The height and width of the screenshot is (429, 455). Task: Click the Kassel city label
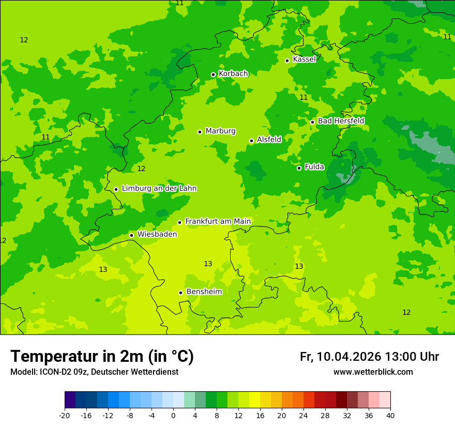[304, 59]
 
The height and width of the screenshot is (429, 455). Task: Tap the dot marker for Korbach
[213, 74]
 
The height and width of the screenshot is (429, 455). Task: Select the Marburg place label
[220, 131]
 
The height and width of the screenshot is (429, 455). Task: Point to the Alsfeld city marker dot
[251, 141]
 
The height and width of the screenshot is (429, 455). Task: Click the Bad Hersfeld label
[341, 121]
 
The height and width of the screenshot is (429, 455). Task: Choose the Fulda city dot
[299, 168]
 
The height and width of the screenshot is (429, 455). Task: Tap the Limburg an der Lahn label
[159, 189]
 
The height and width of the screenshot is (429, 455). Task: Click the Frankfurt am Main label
[218, 222]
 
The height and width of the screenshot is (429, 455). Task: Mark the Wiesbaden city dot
[131, 235]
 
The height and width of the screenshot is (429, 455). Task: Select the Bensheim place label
[204, 292]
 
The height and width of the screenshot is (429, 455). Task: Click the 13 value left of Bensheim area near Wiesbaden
[103, 269]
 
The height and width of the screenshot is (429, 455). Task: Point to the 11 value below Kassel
[304, 97]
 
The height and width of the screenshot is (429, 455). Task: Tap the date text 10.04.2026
[349, 357]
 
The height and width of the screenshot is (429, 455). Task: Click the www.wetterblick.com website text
[373, 372]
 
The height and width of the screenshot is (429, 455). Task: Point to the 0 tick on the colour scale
[173, 415]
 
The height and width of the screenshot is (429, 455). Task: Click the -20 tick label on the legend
[65, 415]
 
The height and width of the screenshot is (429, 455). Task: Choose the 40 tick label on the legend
[390, 415]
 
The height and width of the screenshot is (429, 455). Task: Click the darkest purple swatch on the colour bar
[70, 400]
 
